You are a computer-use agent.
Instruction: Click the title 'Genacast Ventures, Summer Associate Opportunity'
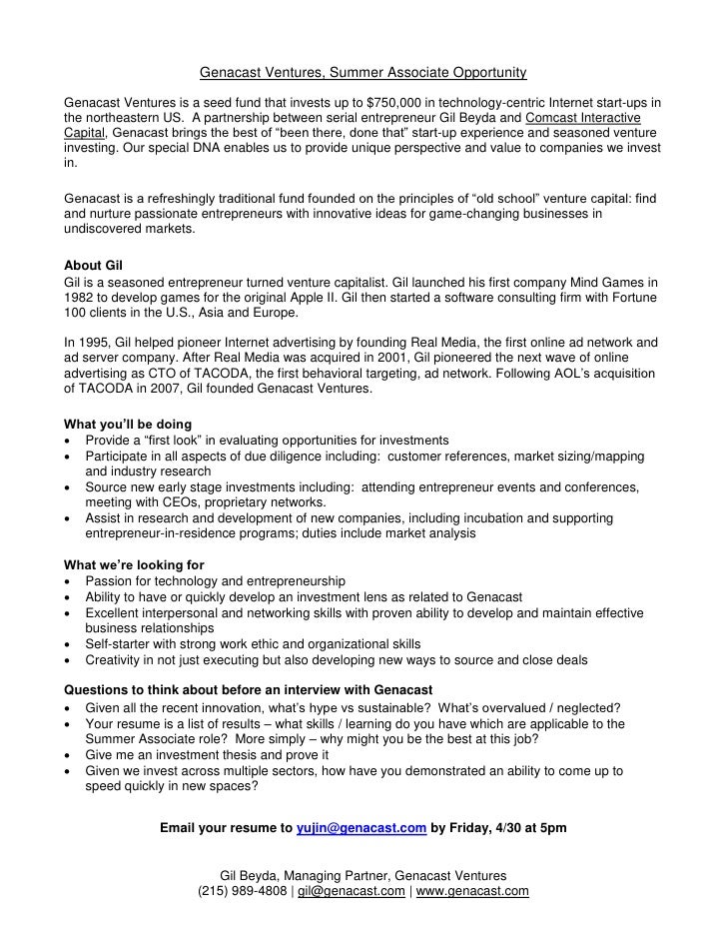[363, 73]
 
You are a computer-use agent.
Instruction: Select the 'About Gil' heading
[92, 267]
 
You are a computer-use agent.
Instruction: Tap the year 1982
[80, 298]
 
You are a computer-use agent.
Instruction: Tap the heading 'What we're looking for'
[133, 565]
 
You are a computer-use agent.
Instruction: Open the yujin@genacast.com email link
[363, 828]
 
